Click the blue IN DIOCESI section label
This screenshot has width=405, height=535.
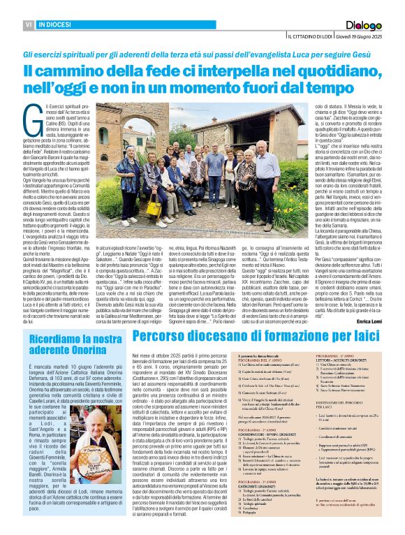[59, 24]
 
